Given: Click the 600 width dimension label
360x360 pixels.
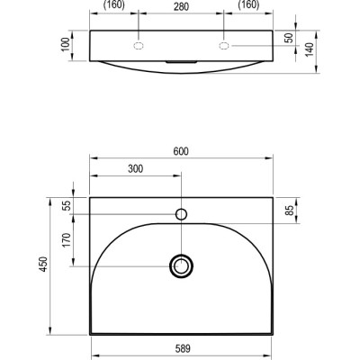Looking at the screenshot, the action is (181, 151).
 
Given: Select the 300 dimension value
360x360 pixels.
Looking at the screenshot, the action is (135, 169).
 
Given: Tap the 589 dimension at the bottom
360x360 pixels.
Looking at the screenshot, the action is (183, 348).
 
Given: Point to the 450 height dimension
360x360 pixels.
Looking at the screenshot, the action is (44, 265).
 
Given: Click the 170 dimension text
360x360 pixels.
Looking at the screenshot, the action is (66, 240).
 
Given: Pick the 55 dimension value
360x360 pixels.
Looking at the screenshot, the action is (67, 205).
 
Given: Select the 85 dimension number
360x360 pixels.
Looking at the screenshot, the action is (290, 211).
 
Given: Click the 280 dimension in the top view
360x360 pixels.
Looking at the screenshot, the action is (181, 6).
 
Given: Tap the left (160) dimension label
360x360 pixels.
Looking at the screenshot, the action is (113, 4).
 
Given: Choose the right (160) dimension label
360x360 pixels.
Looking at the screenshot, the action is (248, 4).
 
